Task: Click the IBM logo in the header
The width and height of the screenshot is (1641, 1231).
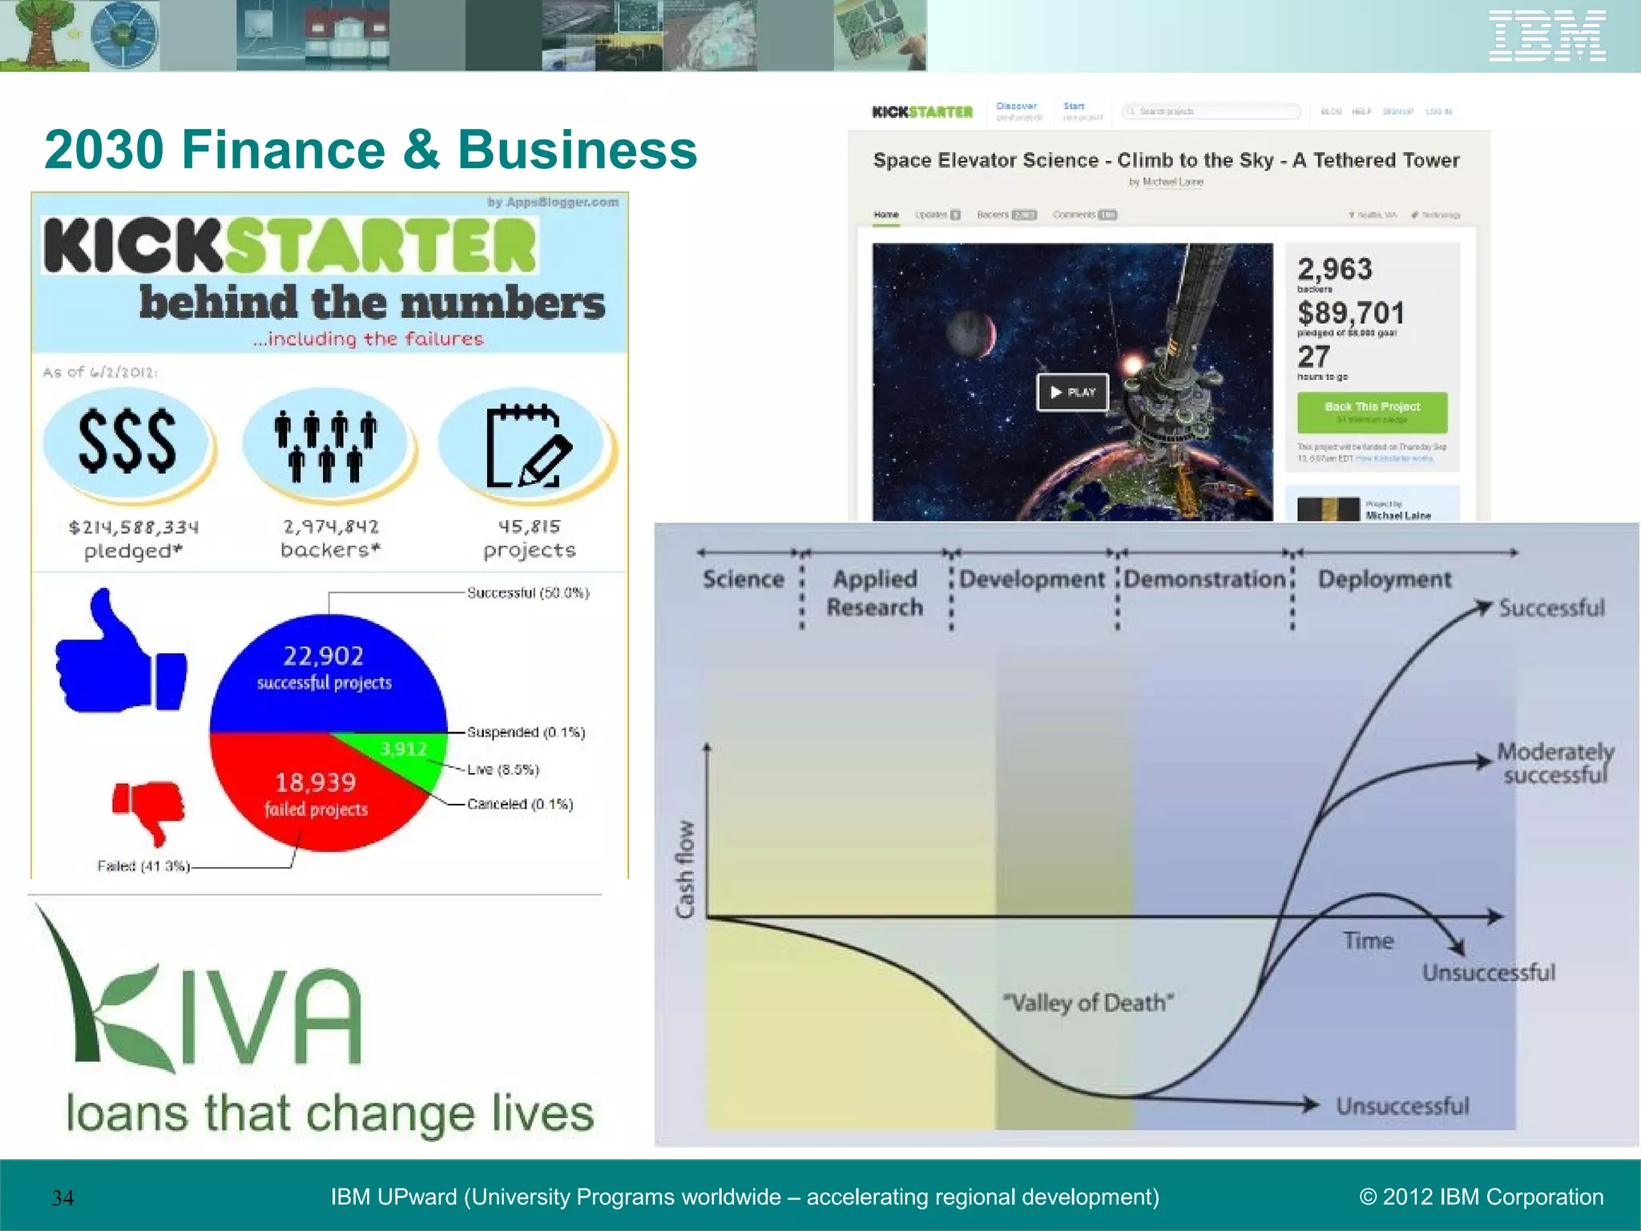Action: (1546, 36)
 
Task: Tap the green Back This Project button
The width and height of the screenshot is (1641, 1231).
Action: (1372, 411)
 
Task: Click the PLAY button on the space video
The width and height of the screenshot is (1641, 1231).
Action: (1072, 392)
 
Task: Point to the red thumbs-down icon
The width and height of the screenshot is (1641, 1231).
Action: (149, 810)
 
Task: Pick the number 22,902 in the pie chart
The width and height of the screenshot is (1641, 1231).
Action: (323, 656)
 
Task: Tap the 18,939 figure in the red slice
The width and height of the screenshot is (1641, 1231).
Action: (315, 782)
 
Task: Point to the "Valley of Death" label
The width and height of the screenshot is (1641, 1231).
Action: (1088, 1003)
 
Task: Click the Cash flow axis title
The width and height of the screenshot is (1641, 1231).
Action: (685, 869)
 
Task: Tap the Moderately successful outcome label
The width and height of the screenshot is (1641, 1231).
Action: (1554, 763)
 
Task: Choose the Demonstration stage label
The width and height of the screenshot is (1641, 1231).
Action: (1204, 579)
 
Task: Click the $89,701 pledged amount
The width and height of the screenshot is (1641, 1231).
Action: (1351, 313)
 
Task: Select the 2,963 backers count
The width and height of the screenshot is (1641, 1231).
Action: (1335, 269)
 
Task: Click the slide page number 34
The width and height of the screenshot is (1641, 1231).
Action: (62, 1198)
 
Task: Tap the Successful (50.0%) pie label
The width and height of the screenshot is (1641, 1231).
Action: (528, 593)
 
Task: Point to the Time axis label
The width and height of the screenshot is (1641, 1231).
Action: (1368, 941)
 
